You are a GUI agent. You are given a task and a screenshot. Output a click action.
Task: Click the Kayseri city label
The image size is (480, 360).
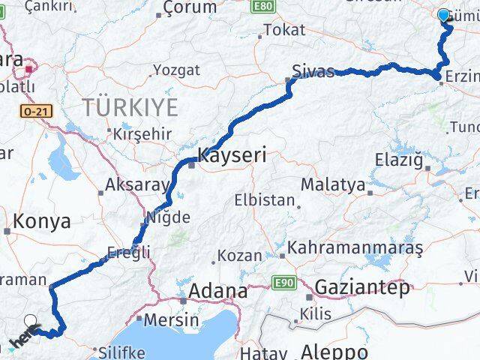coord(232,155)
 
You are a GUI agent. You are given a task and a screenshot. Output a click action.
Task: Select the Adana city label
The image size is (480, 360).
coord(218,290)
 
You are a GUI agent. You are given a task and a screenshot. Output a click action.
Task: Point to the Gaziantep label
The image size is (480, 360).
coord(362,286)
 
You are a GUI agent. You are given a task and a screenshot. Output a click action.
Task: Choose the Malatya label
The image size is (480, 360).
coord(333,184)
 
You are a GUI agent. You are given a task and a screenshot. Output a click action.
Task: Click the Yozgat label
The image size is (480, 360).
coord(176,70)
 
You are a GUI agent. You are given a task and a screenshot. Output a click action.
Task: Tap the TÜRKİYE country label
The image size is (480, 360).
coord(130,107)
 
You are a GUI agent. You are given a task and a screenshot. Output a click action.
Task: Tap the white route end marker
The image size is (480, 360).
coord(31,322)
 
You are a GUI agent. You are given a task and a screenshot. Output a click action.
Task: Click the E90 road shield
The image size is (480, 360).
coord(283,283)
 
